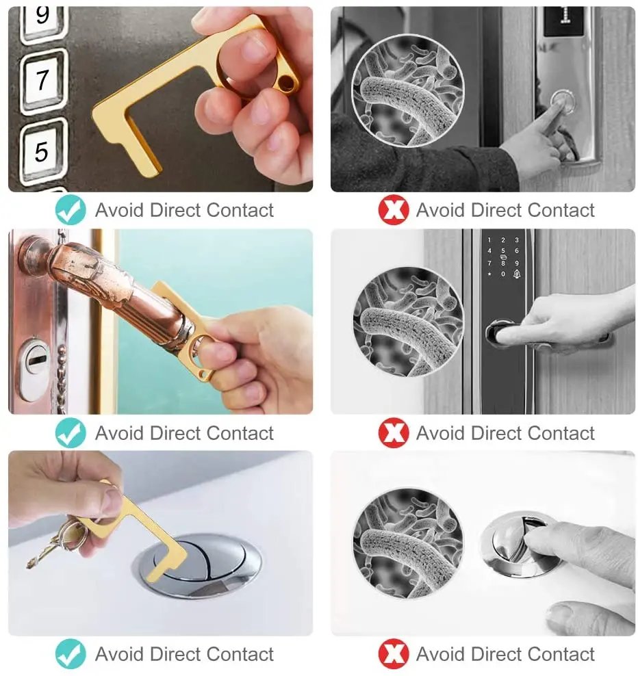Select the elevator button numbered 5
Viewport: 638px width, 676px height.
(x=43, y=150)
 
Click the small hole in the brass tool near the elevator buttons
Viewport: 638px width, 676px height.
(x=288, y=85)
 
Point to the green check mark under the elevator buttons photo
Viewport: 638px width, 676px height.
(x=71, y=210)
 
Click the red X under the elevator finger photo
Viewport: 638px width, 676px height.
(x=393, y=210)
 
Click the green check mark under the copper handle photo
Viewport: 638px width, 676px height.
(x=71, y=433)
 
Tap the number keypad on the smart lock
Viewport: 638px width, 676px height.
(x=503, y=257)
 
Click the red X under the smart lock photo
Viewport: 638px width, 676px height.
(x=393, y=433)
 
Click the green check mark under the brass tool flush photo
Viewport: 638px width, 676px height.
(x=71, y=654)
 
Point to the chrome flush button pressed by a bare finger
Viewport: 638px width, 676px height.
(x=517, y=542)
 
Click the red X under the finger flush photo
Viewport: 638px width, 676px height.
(x=393, y=654)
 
